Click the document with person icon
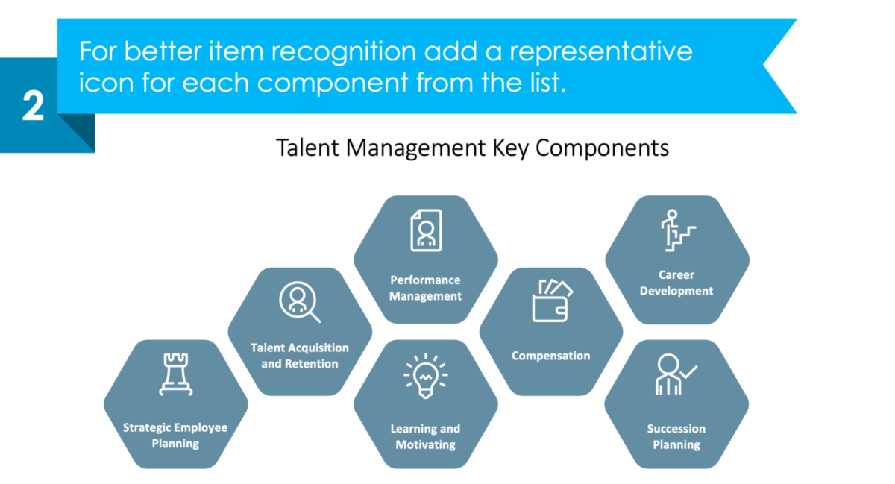click(x=425, y=230)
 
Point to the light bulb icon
click(x=425, y=376)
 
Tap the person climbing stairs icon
click(x=677, y=230)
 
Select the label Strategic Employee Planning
click(x=175, y=436)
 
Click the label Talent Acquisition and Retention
click(x=300, y=356)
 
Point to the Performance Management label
click(x=426, y=288)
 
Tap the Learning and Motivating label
click(x=425, y=436)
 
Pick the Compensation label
click(x=551, y=356)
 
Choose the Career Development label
click(x=676, y=283)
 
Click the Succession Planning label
click(x=676, y=436)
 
